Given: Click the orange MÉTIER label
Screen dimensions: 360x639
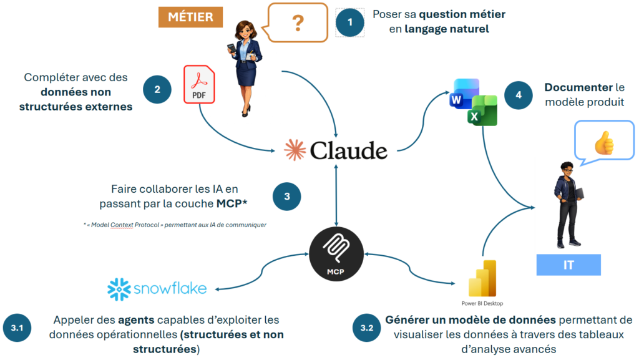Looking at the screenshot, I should pyautogui.click(x=190, y=17).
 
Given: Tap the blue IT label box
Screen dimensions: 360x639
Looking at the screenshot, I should pyautogui.click(x=568, y=265).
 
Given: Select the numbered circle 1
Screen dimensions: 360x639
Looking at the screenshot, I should pyautogui.click(x=350, y=22).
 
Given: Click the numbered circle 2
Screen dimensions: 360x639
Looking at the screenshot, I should pyautogui.click(x=157, y=89).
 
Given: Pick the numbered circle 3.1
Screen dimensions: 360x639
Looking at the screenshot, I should pyautogui.click(x=17, y=327).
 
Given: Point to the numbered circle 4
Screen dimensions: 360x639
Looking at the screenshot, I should pyautogui.click(x=518, y=96).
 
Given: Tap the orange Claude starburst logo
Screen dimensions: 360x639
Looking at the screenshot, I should pyautogui.click(x=294, y=150).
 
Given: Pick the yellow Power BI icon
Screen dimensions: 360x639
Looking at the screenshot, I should pyautogui.click(x=482, y=278).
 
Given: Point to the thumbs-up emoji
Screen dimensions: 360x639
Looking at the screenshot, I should pyautogui.click(x=603, y=143).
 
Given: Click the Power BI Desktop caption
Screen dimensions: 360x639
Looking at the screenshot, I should pyautogui.click(x=483, y=303).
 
